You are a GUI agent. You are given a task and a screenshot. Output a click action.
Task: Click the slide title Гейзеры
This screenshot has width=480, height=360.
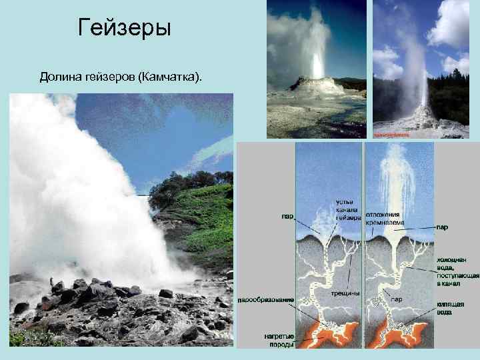coord(125,28)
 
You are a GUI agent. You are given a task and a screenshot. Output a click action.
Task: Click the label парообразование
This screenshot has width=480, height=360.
coord(266,301)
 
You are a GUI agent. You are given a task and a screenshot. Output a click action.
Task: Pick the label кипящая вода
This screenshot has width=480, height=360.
coord(451,307)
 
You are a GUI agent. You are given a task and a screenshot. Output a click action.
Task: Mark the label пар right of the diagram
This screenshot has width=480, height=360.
coord(442,227)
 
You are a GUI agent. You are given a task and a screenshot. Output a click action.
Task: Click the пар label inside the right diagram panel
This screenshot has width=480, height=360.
coord(396,299)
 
